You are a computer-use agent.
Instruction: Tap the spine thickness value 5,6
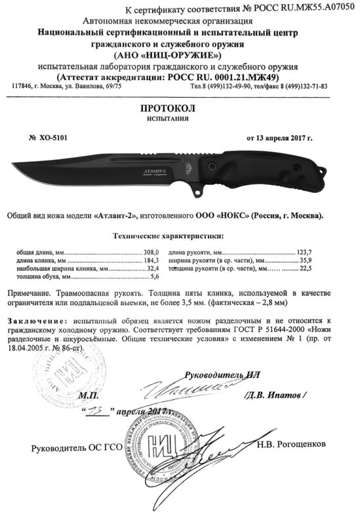pos(155,278)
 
